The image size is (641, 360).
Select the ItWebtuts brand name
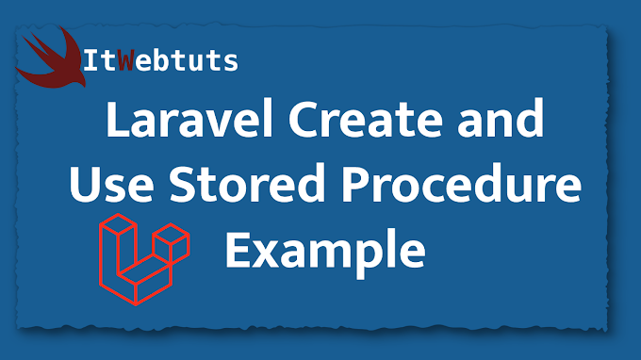(x=160, y=64)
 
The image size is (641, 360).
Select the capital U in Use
(x=82, y=189)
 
